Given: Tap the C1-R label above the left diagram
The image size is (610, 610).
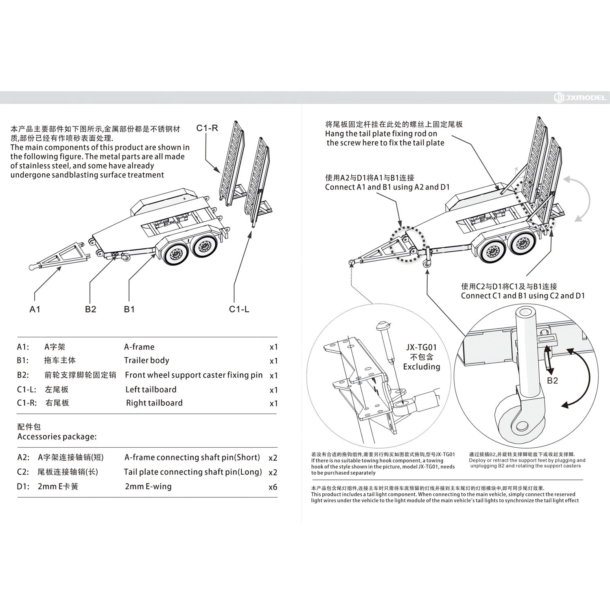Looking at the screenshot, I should [x=207, y=128].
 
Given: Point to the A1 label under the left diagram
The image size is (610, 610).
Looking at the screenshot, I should [x=35, y=309].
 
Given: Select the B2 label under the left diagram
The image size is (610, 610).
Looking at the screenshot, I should [x=90, y=309].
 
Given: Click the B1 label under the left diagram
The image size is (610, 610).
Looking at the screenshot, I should [x=129, y=309].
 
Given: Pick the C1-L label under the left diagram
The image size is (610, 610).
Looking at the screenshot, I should [x=239, y=309].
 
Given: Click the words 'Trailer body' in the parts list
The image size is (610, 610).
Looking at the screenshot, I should [x=146, y=360].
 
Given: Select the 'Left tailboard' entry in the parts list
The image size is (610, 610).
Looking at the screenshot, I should [x=151, y=390].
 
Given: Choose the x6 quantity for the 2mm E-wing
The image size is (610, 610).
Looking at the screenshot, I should [x=273, y=487].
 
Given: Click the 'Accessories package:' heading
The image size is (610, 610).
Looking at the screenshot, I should [x=57, y=437].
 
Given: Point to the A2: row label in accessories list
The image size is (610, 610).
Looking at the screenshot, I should [x=23, y=457].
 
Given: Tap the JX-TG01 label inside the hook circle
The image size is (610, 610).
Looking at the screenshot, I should [x=421, y=347].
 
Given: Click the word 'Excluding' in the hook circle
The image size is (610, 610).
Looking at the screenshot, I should [x=422, y=367].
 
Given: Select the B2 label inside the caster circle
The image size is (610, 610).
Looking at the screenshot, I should [x=552, y=381].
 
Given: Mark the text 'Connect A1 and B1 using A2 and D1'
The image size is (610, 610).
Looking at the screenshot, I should [x=387, y=187].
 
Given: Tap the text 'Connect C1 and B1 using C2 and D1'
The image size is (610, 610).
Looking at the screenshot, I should [x=523, y=296].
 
